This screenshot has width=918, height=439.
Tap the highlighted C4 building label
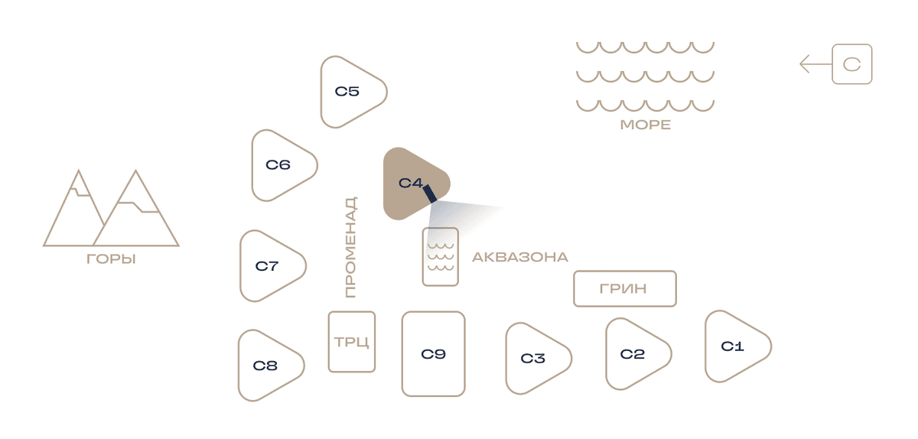(x=410, y=183)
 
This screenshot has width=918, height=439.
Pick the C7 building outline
(x=268, y=266)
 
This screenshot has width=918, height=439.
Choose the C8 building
(x=266, y=366)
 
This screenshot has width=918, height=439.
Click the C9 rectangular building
(x=433, y=354)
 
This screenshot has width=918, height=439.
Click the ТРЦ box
(x=352, y=342)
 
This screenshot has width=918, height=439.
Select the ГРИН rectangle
(x=624, y=288)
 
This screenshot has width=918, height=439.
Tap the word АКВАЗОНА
(x=520, y=257)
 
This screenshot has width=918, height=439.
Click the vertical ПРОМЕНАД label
(x=350, y=247)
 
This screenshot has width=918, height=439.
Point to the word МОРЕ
(x=646, y=125)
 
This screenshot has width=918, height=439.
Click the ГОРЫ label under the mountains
(x=111, y=259)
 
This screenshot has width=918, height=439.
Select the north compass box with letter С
(x=852, y=64)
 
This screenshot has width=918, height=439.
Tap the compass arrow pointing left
(x=816, y=64)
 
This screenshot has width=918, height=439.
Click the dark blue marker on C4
(x=429, y=193)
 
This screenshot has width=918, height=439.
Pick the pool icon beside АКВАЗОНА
(x=441, y=257)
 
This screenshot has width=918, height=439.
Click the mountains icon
(x=111, y=208)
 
